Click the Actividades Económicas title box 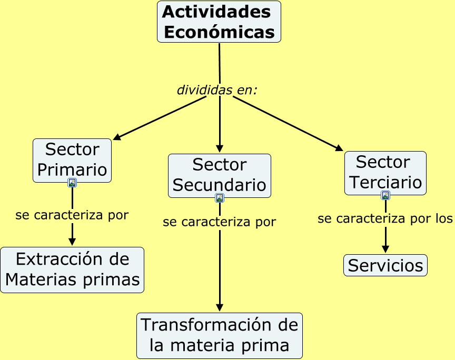point(219,22)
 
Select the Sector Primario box point(72,160)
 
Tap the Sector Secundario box point(219,175)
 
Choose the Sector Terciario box point(385,173)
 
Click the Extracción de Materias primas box point(72,269)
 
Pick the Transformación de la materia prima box point(220,335)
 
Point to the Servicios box point(385,265)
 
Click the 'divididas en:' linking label point(217,90)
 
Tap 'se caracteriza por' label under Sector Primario point(72,215)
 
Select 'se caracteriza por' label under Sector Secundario point(219,222)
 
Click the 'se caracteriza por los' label point(385,218)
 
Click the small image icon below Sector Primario point(72,183)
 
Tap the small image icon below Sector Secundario point(220,198)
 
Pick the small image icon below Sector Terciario point(385,195)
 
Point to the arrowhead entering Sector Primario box point(117,138)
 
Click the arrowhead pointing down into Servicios point(385,249)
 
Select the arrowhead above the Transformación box point(220,307)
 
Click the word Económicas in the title point(219,32)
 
